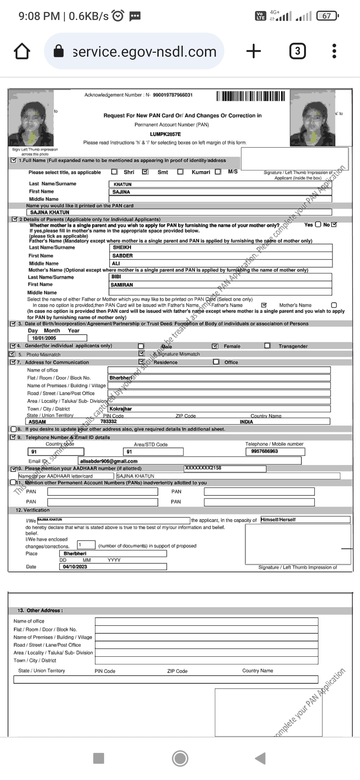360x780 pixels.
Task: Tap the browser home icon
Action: point(22,51)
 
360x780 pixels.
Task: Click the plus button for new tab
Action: point(253,51)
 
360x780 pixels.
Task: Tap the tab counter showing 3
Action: point(297,51)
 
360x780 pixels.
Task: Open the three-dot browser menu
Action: point(334,51)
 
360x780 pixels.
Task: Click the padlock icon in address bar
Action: point(59,51)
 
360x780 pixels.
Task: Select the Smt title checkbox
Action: point(145,172)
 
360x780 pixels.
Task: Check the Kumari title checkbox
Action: point(180,172)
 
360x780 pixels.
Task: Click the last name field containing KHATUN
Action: point(220,184)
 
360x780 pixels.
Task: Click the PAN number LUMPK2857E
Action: point(165,134)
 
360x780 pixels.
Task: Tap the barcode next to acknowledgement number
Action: point(251,96)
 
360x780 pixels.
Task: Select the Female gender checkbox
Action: point(215,346)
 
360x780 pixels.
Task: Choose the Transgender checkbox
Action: point(267,346)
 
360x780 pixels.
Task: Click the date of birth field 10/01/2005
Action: point(57,338)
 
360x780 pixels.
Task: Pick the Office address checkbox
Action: point(216,362)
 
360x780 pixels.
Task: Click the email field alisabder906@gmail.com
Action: point(189,461)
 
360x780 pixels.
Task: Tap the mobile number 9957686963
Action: point(275,451)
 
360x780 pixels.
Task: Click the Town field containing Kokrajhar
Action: point(219,409)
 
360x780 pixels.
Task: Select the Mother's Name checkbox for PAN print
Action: point(334,305)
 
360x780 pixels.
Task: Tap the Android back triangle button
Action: point(261,758)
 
